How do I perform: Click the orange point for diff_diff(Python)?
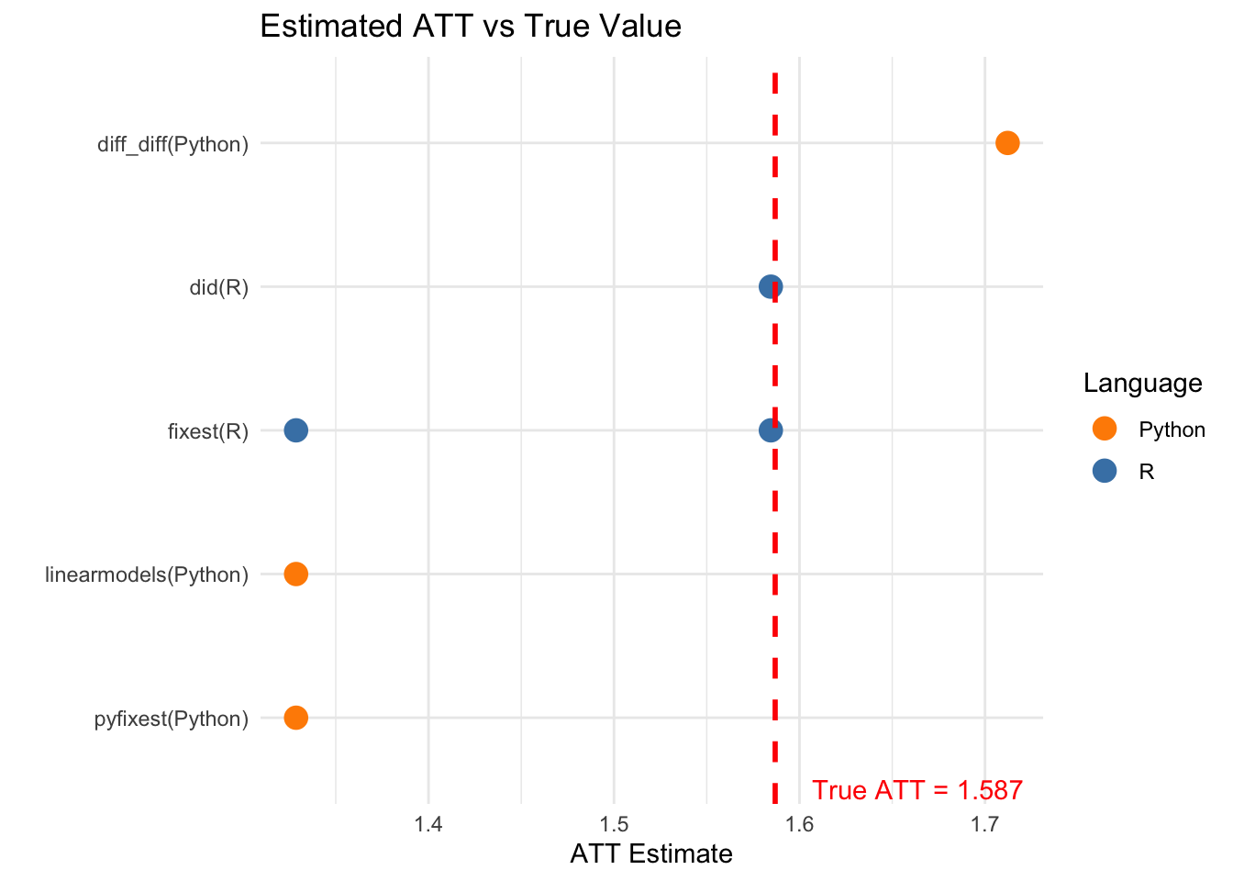tap(1007, 143)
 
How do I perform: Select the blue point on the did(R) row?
tap(771, 286)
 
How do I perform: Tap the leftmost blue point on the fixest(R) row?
tap(295, 429)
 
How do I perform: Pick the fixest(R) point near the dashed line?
tap(771, 429)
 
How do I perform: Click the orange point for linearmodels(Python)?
tap(295, 574)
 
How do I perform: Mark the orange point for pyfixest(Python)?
tap(295, 717)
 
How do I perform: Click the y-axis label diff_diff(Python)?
tap(172, 144)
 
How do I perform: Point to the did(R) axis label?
tap(218, 287)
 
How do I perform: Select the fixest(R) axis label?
tap(208, 431)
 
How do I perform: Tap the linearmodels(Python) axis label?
tap(147, 574)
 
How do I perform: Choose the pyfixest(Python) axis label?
tap(172, 719)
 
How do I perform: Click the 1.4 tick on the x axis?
tap(428, 824)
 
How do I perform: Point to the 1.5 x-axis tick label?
tap(614, 824)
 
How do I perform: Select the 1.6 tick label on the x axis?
tap(800, 824)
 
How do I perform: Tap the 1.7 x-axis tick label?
tap(984, 824)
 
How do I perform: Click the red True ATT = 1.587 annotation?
tap(916, 790)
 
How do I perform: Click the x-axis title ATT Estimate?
tap(651, 854)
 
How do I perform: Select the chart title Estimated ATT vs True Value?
tap(471, 26)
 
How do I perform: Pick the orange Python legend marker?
tap(1105, 429)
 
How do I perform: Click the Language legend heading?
tap(1142, 383)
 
